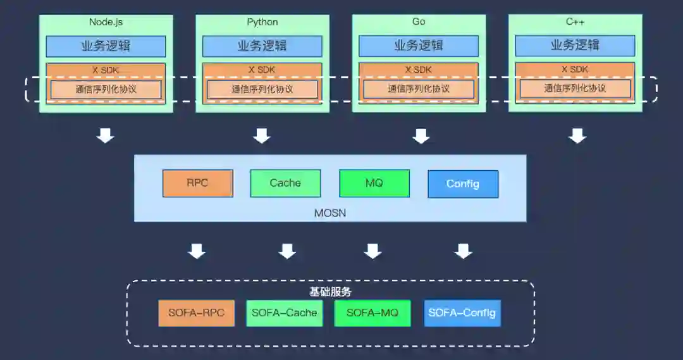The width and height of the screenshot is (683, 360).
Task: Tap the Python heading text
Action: click(x=262, y=22)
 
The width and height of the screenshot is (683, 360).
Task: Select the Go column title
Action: click(x=419, y=22)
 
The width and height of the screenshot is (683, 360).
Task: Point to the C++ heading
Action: click(x=575, y=22)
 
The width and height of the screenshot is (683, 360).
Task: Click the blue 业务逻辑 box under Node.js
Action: click(x=106, y=46)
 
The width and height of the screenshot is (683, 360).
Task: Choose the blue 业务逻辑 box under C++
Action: click(x=575, y=46)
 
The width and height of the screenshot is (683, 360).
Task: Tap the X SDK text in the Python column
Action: click(x=262, y=70)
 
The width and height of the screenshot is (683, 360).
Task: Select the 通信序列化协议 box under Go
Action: click(x=419, y=89)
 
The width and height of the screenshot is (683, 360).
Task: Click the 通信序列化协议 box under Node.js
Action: click(x=106, y=89)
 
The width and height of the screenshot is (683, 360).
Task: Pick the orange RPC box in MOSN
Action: click(x=197, y=183)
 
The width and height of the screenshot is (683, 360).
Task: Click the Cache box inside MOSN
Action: click(x=285, y=183)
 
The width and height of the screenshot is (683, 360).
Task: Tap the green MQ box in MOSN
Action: click(x=374, y=183)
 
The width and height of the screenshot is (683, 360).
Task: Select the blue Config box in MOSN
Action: click(x=463, y=184)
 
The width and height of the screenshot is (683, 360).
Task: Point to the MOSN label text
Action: click(x=330, y=213)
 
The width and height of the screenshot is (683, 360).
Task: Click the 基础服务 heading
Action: click(x=330, y=292)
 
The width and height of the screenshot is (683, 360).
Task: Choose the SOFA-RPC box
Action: click(x=196, y=313)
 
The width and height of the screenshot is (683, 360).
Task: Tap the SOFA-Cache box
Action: click(x=284, y=313)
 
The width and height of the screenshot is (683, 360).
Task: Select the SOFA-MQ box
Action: click(x=372, y=313)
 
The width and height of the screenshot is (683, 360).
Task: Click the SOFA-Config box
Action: click(x=462, y=313)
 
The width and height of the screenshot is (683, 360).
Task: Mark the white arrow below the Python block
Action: click(x=262, y=135)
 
